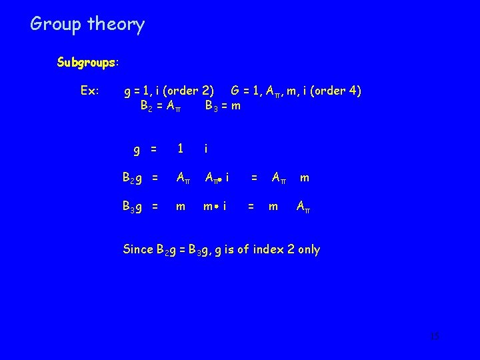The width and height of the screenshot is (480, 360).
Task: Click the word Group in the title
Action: [54, 25]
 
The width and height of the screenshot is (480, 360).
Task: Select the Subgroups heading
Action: [87, 63]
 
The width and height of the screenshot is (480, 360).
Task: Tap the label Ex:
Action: [89, 90]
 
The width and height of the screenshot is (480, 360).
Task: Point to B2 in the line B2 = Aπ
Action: [145, 105]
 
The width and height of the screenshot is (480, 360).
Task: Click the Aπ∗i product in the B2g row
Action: [218, 178]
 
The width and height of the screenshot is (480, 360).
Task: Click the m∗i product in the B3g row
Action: [215, 207]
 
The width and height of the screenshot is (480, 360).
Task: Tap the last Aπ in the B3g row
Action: [303, 207]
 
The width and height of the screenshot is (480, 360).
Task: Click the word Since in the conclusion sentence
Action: [138, 250]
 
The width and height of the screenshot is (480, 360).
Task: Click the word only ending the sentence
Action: [307, 250]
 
